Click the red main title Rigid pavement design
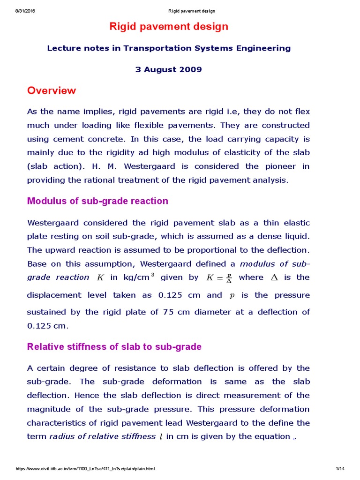click(169, 27)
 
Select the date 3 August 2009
click(169, 69)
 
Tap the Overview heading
click(52, 90)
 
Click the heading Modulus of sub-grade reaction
click(97, 201)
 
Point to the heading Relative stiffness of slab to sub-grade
click(114, 347)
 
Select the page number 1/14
click(340, 469)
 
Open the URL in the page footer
click(85, 469)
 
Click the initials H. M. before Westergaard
click(107, 166)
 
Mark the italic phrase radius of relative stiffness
click(102, 436)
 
